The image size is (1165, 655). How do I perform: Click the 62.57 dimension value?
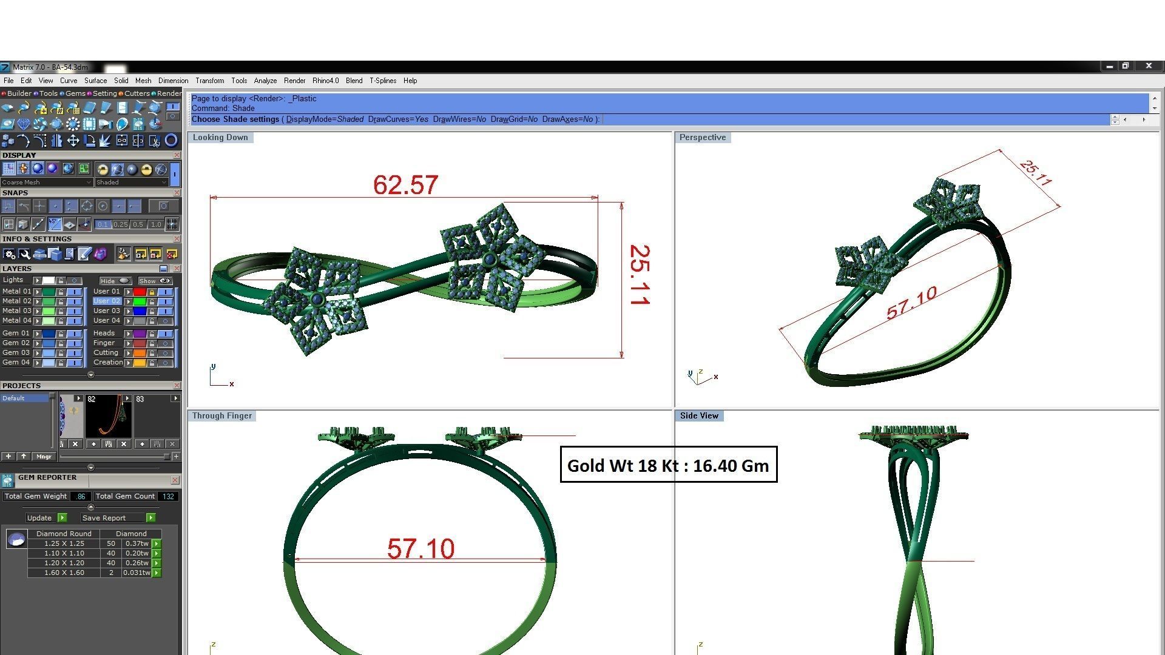(405, 185)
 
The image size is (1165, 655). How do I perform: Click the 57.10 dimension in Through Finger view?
(420, 549)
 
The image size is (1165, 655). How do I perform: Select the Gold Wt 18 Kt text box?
(668, 465)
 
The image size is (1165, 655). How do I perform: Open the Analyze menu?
(265, 81)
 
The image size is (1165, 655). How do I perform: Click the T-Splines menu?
(382, 81)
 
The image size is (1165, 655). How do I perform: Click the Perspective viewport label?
(702, 138)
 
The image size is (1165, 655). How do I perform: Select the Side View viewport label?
(698, 416)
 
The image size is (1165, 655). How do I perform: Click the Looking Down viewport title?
(220, 138)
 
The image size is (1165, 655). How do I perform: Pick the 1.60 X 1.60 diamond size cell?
(64, 573)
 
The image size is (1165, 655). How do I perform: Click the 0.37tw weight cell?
(137, 543)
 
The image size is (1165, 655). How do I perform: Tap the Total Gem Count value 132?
(168, 496)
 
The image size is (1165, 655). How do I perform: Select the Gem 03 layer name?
(16, 352)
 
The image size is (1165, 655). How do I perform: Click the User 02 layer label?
(107, 301)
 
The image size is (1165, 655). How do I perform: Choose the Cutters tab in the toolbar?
(137, 93)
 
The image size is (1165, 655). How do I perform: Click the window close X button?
(1148, 66)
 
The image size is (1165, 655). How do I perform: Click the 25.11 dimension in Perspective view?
(1036, 173)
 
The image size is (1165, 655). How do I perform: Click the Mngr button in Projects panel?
(44, 457)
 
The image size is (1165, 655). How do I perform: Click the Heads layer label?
(104, 333)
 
